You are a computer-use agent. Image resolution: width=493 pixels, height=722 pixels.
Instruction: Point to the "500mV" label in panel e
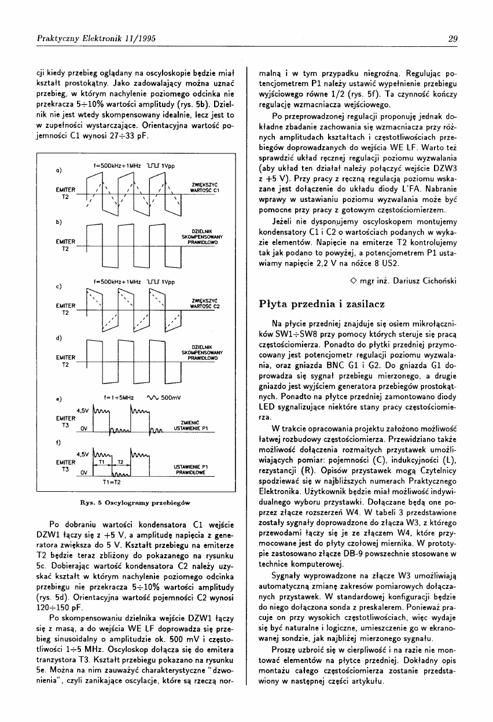(171, 398)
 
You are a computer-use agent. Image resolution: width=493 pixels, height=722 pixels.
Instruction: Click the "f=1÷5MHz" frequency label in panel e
(119, 398)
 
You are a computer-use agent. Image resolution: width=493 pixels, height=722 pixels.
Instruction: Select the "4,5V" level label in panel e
(82, 410)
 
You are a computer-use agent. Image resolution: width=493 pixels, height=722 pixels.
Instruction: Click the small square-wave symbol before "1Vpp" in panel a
(152, 166)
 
